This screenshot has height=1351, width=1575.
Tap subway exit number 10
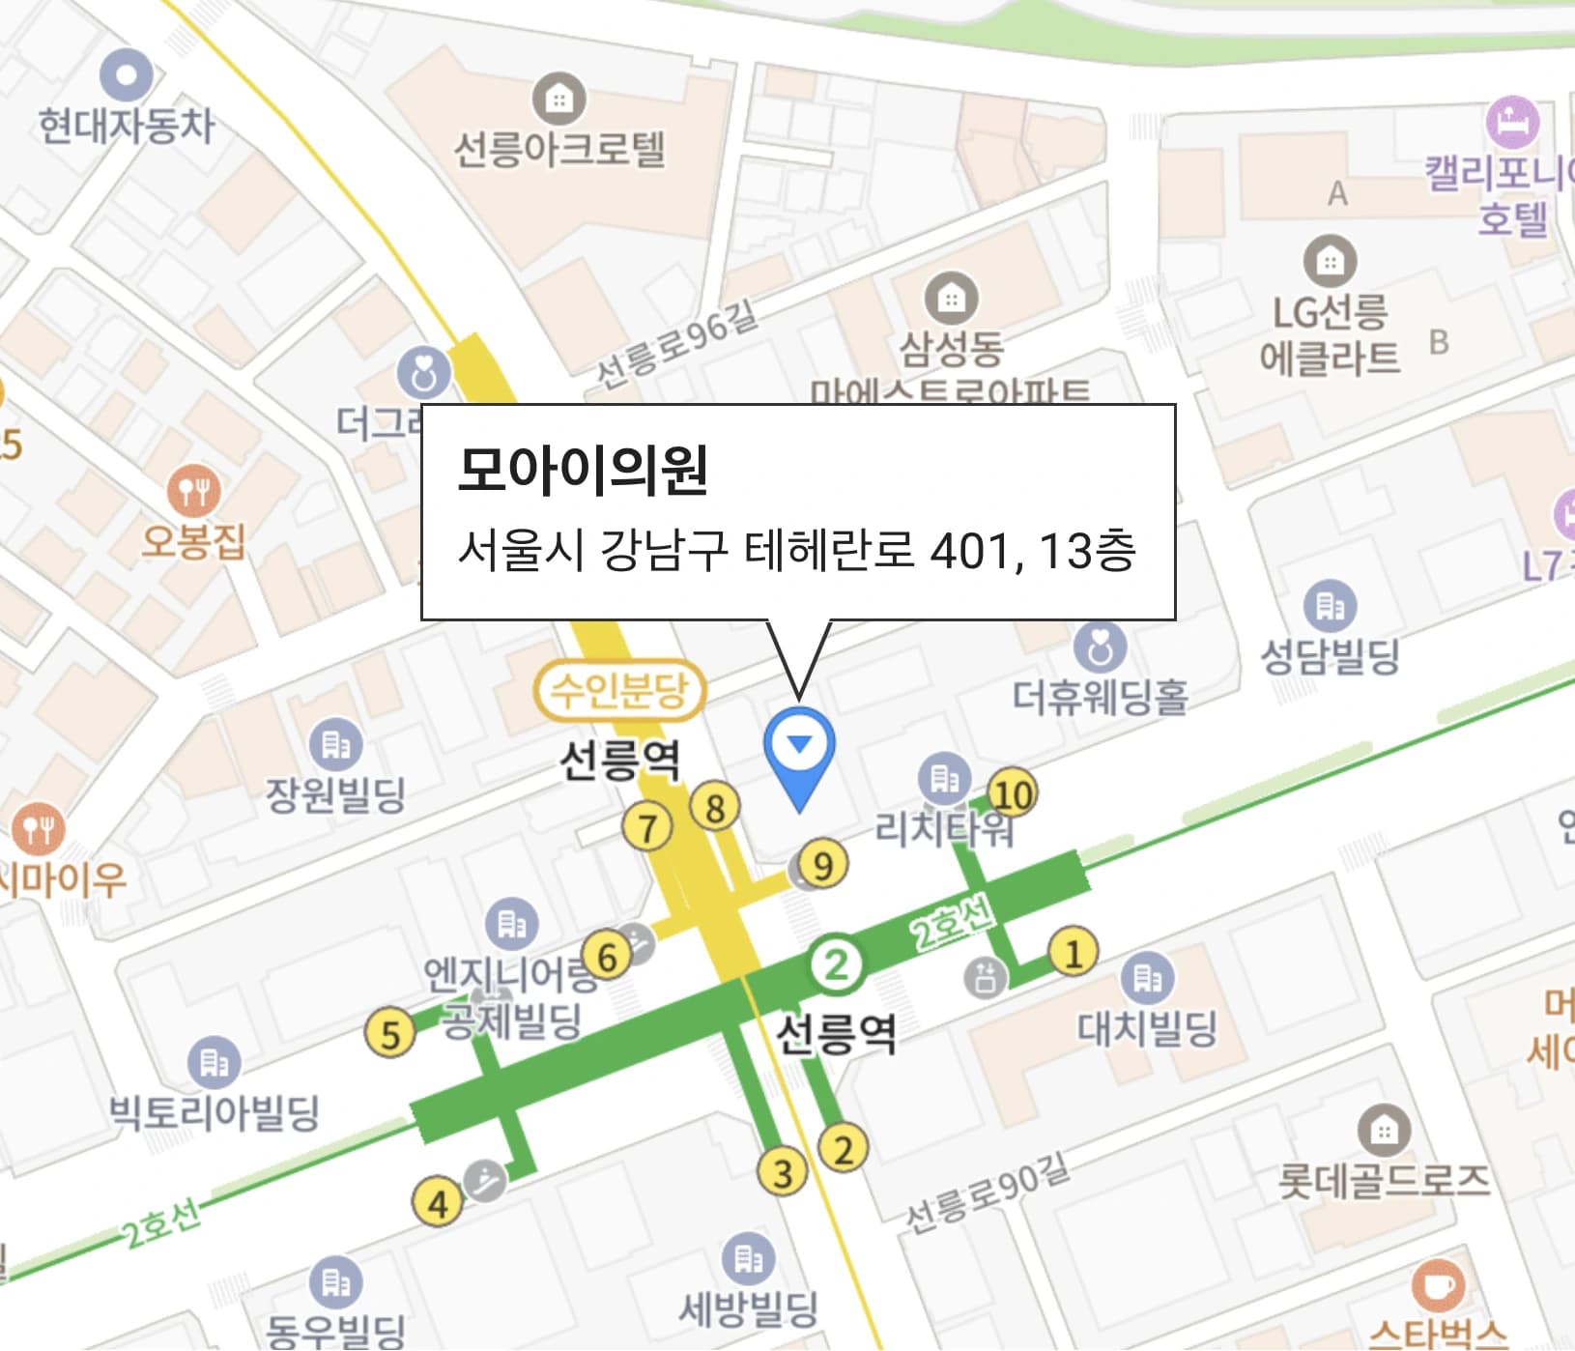point(1013,794)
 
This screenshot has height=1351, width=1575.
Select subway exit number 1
point(1073,952)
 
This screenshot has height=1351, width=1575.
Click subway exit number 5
point(389,1033)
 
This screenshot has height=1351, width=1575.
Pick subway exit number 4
point(438,1203)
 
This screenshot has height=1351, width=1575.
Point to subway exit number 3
point(782,1172)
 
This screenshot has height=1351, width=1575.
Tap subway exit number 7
point(647,828)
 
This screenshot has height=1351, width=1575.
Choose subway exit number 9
point(823,865)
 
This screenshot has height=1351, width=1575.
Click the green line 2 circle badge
point(837,963)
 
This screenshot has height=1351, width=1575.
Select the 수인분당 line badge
point(619,691)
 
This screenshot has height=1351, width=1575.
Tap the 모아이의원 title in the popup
point(583,471)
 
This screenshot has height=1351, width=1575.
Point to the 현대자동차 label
point(127,126)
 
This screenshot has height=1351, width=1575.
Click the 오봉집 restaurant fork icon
point(193,492)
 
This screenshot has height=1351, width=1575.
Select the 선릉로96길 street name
point(675,344)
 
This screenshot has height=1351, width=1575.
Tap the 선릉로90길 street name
point(988,1193)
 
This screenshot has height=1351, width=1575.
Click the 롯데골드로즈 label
point(1384,1180)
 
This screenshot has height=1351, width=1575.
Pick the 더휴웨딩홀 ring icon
point(1100,647)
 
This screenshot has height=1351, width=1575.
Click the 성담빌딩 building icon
point(1330,606)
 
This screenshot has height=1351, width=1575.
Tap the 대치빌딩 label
point(1147,1028)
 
